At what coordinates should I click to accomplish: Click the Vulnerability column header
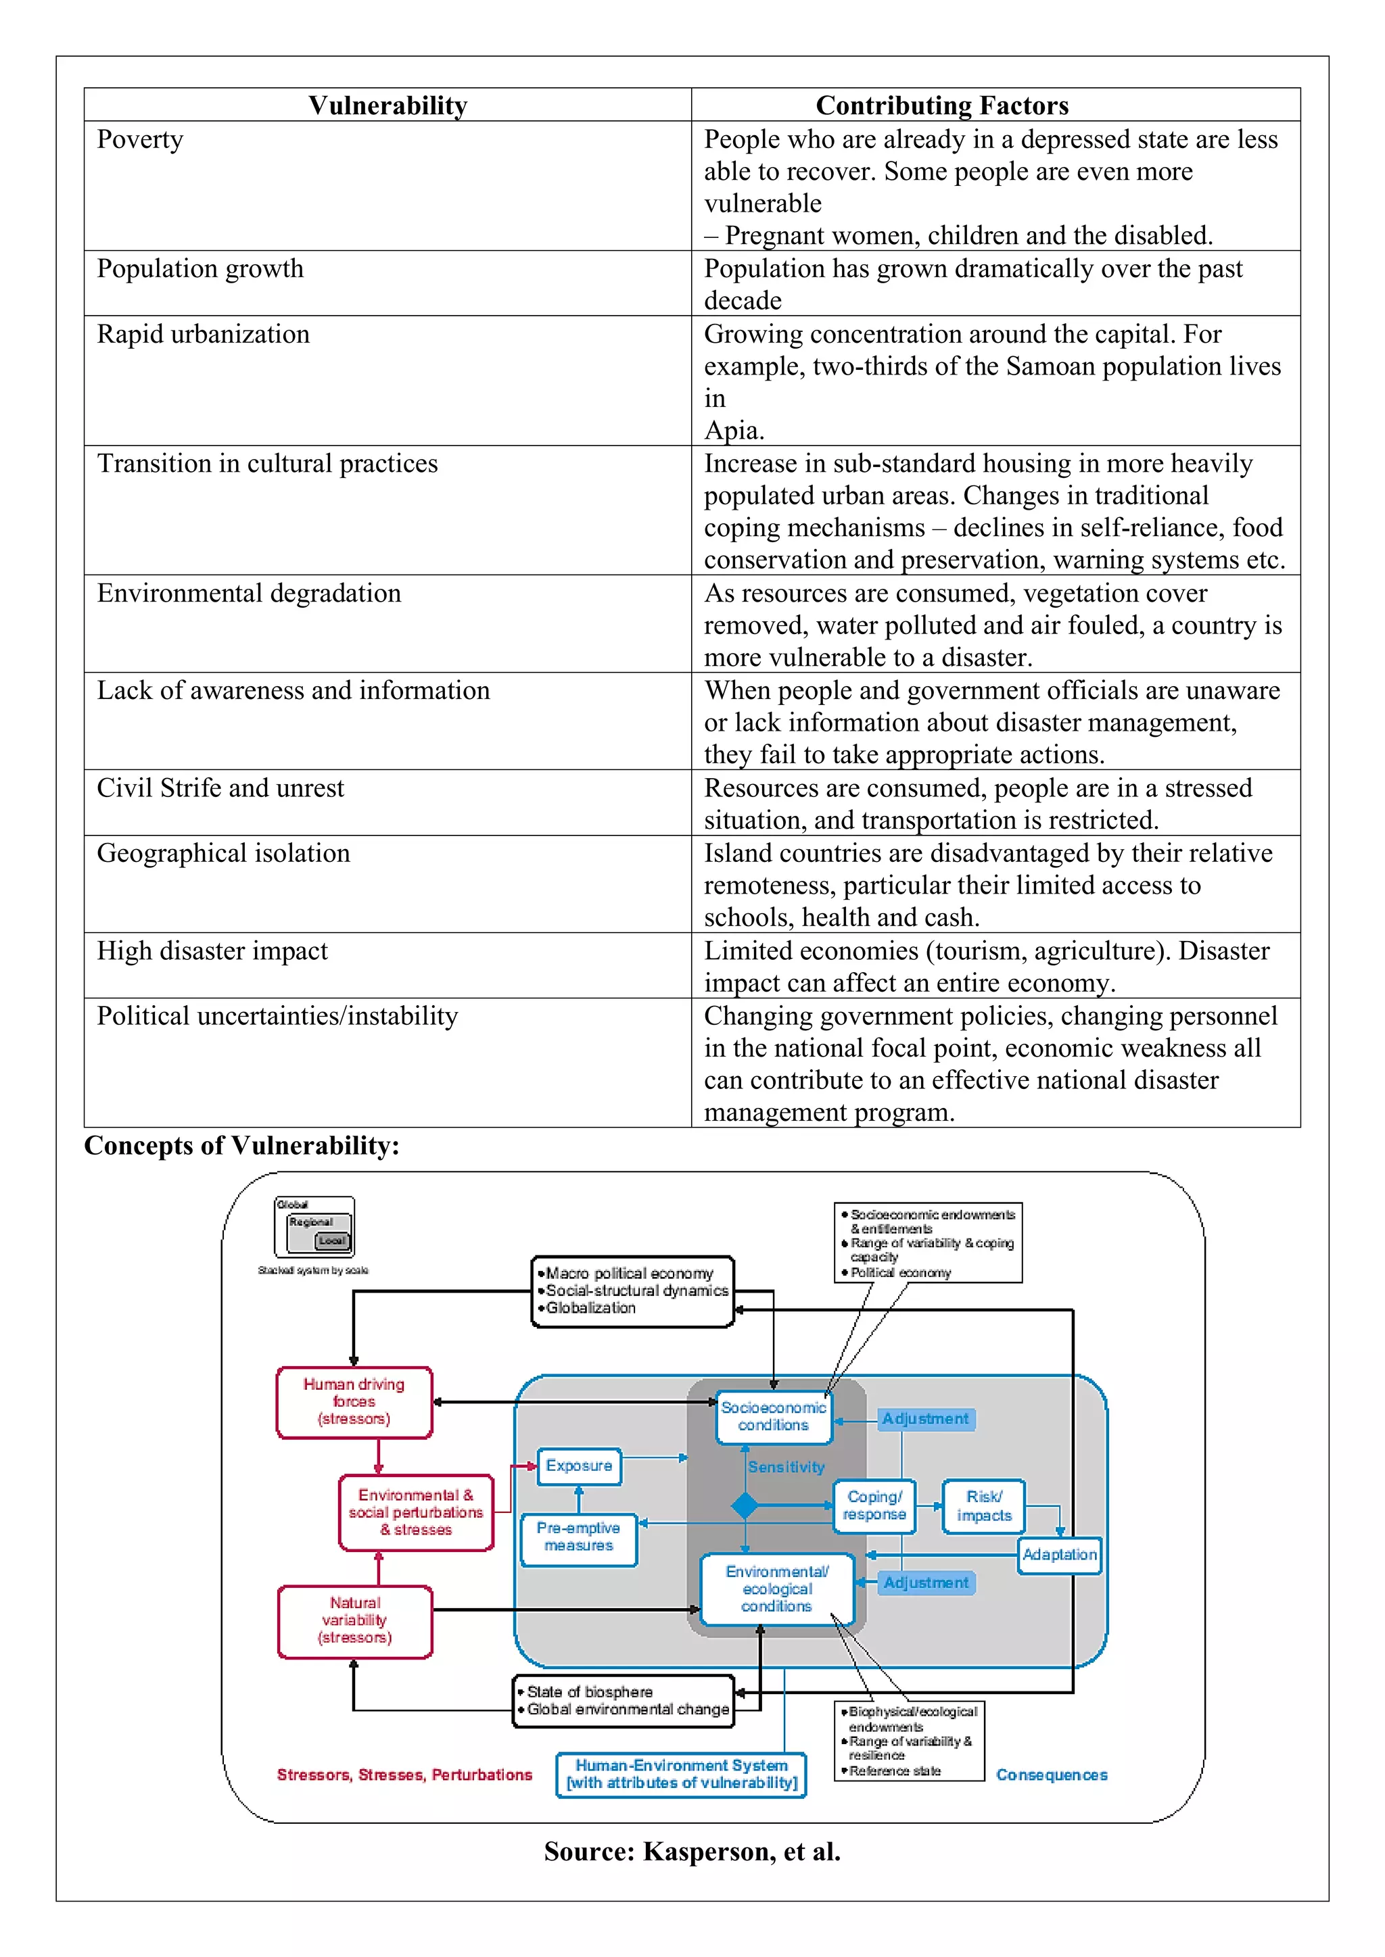coord(388,105)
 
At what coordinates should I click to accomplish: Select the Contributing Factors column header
coord(941,105)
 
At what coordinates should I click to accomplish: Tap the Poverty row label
coord(140,140)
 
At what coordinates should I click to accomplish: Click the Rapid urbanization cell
coord(203,334)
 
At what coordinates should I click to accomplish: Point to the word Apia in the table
coord(732,431)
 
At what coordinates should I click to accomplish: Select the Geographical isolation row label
coord(223,853)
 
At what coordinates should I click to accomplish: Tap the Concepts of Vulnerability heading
coord(241,1146)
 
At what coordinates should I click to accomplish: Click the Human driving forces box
coord(354,1401)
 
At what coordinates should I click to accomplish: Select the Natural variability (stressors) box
coord(355,1620)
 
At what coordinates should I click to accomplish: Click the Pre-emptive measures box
coord(578,1537)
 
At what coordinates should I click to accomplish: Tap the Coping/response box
coord(874,1505)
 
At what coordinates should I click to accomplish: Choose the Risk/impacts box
coord(983,1506)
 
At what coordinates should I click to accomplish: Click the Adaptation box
coord(1059,1555)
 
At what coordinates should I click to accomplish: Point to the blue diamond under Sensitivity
coord(745,1506)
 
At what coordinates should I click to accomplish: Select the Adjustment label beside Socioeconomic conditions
coord(925,1419)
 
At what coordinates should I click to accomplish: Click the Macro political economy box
coord(632,1290)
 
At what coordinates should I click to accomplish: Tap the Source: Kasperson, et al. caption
coord(692,1852)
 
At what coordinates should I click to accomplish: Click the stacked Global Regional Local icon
coord(314,1228)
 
